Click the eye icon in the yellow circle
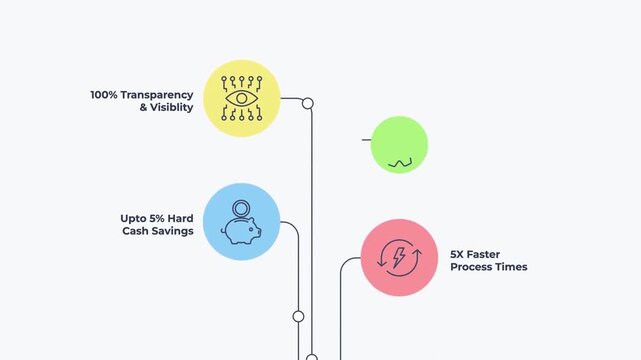tap(241, 99)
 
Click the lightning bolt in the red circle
tap(399, 258)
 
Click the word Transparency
tap(157, 95)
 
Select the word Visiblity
tap(171, 108)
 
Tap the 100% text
tap(104, 95)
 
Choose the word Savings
tap(171, 231)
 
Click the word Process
tap(473, 267)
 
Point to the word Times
tap(513, 267)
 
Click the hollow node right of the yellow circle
tap(308, 103)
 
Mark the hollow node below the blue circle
tap(298, 316)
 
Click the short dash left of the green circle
tap(366, 140)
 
